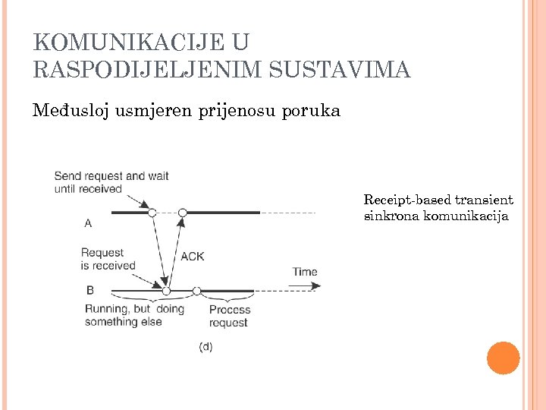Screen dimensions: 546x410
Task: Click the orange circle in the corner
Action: point(503,358)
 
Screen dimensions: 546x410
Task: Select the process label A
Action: point(88,223)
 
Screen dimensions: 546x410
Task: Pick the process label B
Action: point(90,289)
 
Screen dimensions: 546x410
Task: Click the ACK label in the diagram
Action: point(192,257)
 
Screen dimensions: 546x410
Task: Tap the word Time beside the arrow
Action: point(305,272)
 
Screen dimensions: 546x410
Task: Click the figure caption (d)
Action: point(205,346)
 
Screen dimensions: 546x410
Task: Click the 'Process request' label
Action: point(230,316)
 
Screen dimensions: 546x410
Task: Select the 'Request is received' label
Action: point(108,259)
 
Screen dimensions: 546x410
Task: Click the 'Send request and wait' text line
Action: point(111,176)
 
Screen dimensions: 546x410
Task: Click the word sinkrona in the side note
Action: point(391,216)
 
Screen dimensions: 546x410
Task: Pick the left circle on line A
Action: point(152,213)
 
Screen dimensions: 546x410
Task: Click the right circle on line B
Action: point(196,291)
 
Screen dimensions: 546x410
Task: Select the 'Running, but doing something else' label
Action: point(134,315)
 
